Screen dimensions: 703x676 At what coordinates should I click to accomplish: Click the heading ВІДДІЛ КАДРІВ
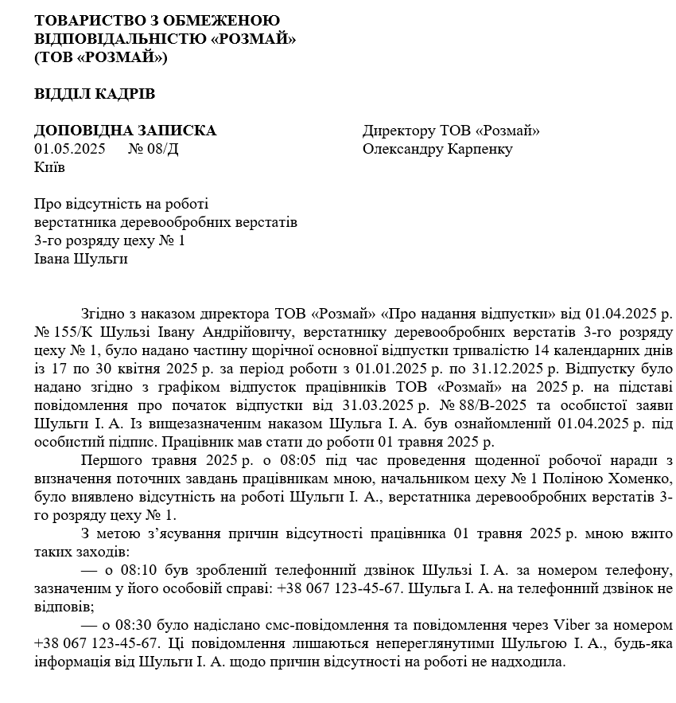(x=95, y=94)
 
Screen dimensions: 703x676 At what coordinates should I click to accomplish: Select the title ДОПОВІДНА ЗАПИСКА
(x=125, y=131)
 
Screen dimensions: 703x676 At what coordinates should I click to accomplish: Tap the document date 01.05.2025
(x=70, y=149)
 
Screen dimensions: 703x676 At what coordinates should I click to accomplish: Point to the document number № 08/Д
(x=153, y=149)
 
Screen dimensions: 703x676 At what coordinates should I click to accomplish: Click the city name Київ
(x=50, y=167)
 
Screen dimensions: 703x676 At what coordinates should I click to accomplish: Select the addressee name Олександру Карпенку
(x=437, y=149)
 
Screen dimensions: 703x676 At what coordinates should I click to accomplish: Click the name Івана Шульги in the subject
(x=81, y=259)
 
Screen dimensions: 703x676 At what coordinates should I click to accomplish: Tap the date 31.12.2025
(x=498, y=369)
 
